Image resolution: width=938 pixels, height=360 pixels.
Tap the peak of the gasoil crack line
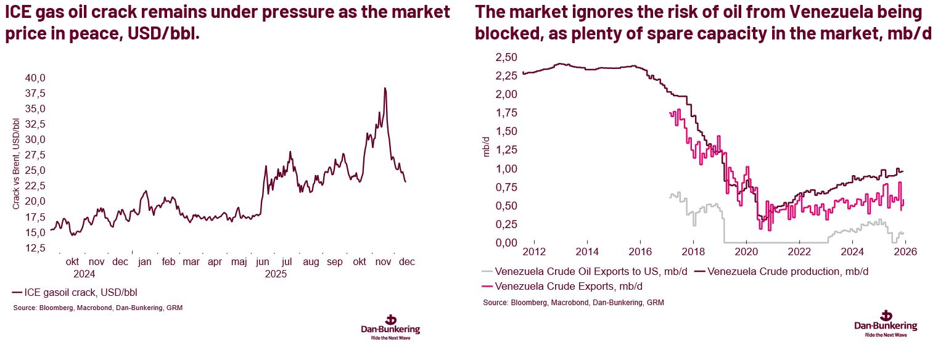point(385,88)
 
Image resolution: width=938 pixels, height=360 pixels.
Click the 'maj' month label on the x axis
point(239,262)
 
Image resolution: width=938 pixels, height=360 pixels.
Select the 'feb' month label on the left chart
point(168,262)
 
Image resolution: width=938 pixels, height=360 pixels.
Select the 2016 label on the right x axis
point(640,252)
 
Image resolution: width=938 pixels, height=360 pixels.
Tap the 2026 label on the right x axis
point(905,252)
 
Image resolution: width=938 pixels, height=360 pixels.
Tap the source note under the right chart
point(573,303)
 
